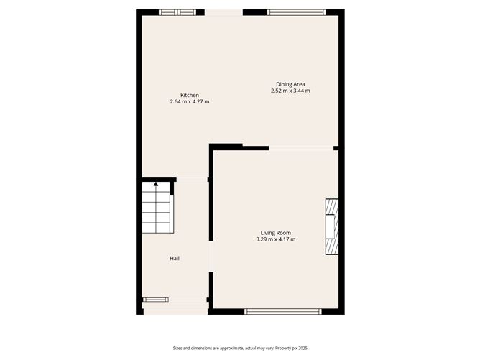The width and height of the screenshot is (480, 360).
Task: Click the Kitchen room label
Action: pyautogui.click(x=190, y=95)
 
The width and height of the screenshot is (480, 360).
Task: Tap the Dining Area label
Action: pyautogui.click(x=290, y=84)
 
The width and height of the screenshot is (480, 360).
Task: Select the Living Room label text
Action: pyautogui.click(x=276, y=233)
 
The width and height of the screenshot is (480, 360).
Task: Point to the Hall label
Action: pyautogui.click(x=175, y=259)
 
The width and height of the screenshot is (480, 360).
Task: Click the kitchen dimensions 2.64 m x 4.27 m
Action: pyautogui.click(x=190, y=101)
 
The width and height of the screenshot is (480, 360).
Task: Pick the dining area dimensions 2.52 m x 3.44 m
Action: pyautogui.click(x=290, y=91)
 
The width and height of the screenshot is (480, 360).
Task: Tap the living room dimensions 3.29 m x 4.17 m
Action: pyautogui.click(x=276, y=239)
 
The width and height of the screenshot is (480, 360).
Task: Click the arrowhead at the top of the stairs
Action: pyautogui.click(x=156, y=184)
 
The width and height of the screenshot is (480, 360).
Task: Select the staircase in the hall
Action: pyautogui.click(x=156, y=207)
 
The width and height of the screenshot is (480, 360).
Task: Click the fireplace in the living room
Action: pyautogui.click(x=332, y=226)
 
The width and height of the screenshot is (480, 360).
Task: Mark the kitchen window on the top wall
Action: pyautogui.click(x=177, y=12)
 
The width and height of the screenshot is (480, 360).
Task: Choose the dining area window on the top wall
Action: pyautogui.click(x=296, y=12)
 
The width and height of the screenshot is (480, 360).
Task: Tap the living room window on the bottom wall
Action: pyautogui.click(x=283, y=312)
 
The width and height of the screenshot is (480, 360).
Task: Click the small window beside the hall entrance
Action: pyautogui.click(x=155, y=300)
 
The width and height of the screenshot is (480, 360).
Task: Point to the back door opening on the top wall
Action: pyautogui.click(x=223, y=12)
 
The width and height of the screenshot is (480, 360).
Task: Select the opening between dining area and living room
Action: pyautogui.click(x=301, y=148)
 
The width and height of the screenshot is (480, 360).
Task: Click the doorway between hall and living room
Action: pyautogui.click(x=211, y=257)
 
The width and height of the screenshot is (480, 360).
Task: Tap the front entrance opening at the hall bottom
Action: pyautogui.click(x=176, y=311)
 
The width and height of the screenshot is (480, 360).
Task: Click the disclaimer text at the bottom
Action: pyautogui.click(x=240, y=348)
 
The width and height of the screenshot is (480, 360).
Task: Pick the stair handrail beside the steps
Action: pyautogui.click(x=172, y=214)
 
